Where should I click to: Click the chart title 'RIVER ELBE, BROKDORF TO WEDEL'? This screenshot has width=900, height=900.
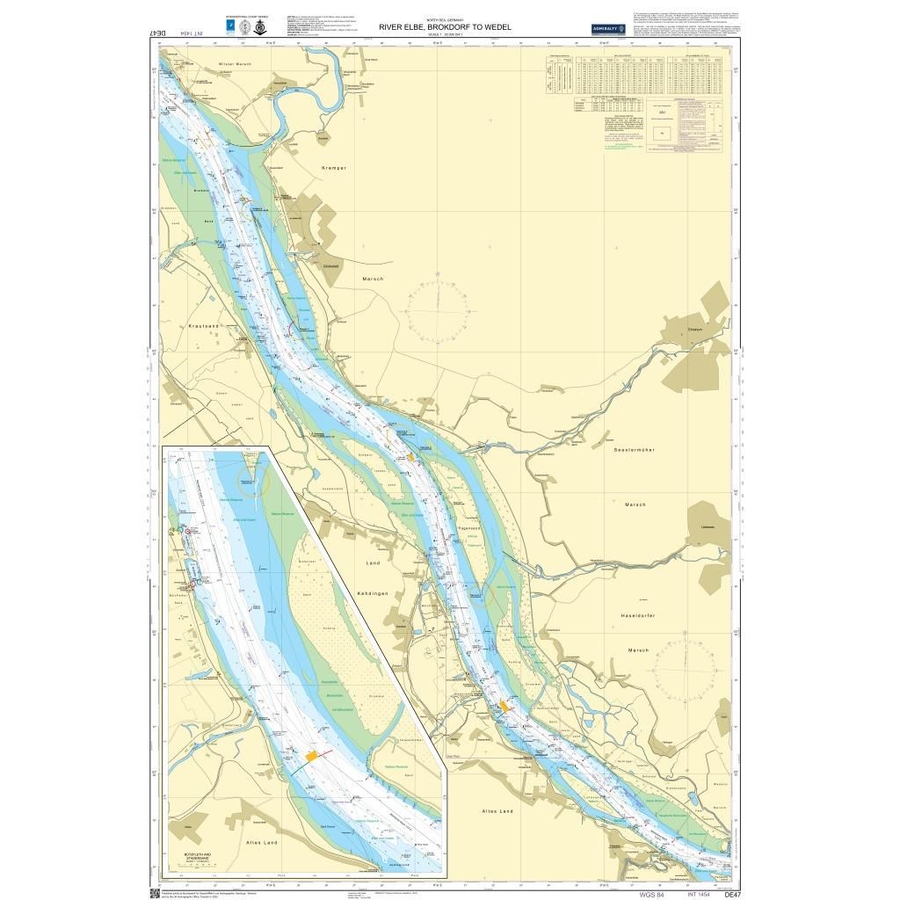point(444,27)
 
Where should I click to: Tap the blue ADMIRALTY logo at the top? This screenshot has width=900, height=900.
point(607,27)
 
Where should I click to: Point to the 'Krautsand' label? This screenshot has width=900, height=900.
point(203,325)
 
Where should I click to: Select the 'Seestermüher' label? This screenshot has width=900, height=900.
point(635,449)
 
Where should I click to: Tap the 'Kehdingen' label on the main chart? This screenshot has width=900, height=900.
point(374,593)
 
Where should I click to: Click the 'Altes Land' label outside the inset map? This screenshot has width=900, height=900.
point(497,810)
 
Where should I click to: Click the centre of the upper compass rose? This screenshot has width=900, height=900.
point(437,312)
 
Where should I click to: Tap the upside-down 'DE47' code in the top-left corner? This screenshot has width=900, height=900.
point(158,33)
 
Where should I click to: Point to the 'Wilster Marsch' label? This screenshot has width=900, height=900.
point(235,65)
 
